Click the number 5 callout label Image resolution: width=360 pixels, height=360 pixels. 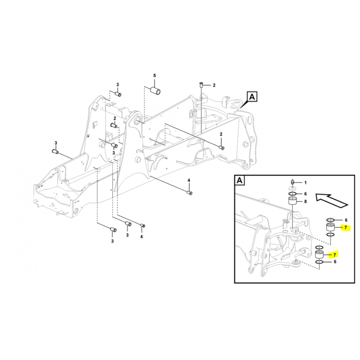(x=154, y=76)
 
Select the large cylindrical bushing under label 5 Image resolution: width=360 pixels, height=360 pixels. (x=155, y=90)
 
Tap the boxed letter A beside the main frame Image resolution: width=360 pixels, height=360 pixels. (x=252, y=97)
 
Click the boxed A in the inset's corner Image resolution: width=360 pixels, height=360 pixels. (x=239, y=180)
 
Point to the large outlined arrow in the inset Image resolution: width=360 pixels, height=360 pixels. (x=332, y=201)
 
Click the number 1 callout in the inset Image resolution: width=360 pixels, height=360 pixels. (x=306, y=183)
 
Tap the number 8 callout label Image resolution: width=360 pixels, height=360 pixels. (x=306, y=202)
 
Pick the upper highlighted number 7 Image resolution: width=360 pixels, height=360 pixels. (x=346, y=228)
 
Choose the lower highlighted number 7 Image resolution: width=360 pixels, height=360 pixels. (x=335, y=255)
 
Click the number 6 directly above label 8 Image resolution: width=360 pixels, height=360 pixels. (x=306, y=194)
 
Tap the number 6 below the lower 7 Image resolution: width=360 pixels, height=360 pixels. (x=335, y=262)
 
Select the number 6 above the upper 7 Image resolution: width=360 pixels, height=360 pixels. (x=346, y=220)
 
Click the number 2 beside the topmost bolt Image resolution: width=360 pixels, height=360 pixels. (x=214, y=85)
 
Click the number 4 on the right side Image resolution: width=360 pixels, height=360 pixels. (x=189, y=180)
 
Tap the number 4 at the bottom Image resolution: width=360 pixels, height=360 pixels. (x=141, y=237)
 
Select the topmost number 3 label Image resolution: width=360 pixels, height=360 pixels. (x=117, y=85)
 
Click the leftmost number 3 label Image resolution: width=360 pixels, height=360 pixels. (x=55, y=143)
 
